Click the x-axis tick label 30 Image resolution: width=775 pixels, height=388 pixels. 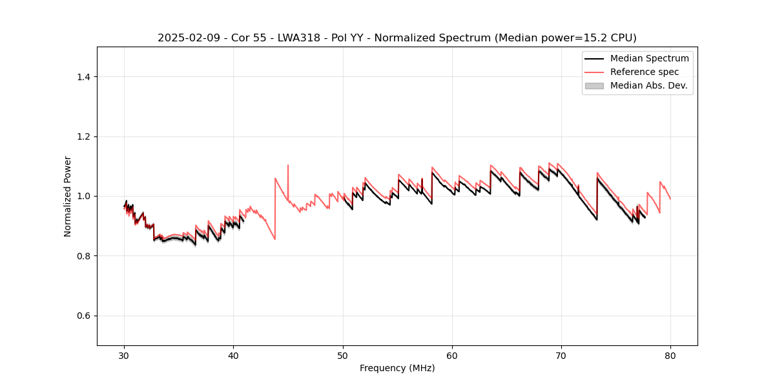(124, 355)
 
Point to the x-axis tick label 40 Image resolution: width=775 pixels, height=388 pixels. (233, 355)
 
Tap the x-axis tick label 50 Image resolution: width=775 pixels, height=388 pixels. (343, 355)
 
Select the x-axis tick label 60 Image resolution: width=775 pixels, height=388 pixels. (452, 355)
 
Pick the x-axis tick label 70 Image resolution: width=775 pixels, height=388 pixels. (561, 355)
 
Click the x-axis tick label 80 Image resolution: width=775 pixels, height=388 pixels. (670, 355)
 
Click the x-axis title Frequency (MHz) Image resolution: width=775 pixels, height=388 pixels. (397, 368)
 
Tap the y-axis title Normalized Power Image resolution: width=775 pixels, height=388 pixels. (68, 196)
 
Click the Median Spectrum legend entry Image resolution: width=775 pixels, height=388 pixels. (649, 58)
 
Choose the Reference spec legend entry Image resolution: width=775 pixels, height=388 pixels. (644, 72)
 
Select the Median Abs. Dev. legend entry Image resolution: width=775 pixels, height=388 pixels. (648, 85)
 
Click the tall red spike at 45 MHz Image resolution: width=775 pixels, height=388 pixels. (288, 166)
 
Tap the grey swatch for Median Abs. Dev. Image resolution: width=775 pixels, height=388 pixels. (594, 85)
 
